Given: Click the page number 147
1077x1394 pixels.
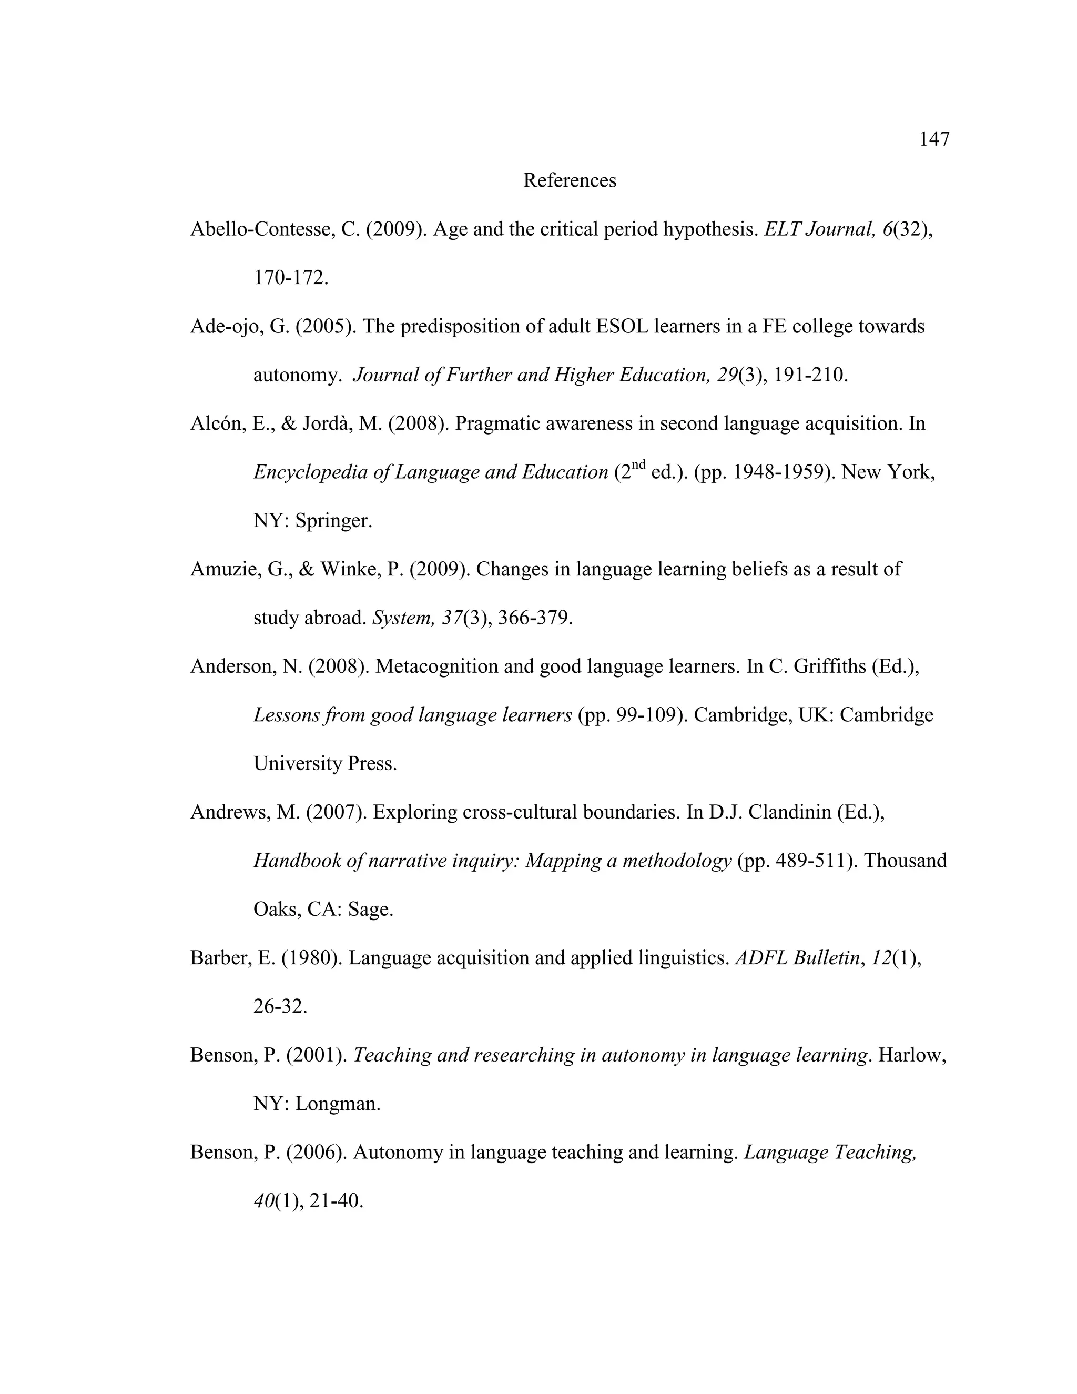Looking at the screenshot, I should click(934, 139).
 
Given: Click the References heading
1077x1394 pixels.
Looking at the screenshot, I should click(569, 180).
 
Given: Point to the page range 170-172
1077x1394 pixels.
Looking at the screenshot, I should click(290, 278).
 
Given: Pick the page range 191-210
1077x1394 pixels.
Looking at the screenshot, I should click(810, 375).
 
